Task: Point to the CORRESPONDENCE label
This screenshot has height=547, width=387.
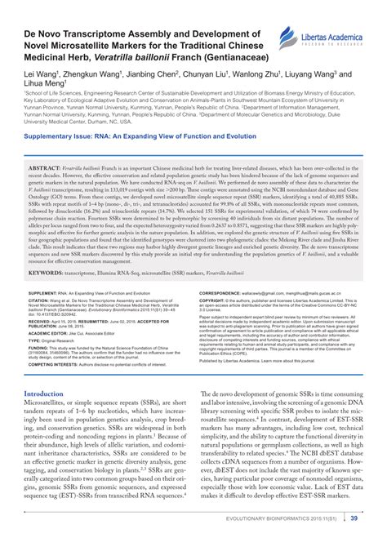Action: (225, 291)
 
